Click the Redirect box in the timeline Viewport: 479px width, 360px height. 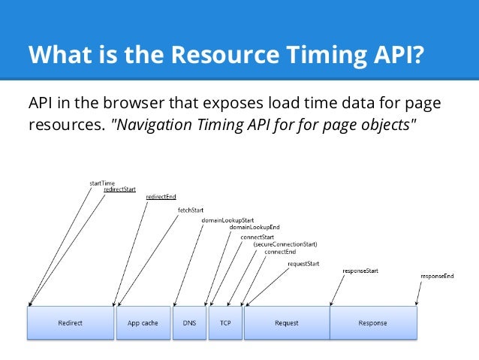point(71,322)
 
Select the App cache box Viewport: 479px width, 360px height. point(142,322)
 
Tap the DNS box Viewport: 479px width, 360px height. point(188,322)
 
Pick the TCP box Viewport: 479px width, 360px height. point(224,322)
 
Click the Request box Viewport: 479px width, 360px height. point(286,322)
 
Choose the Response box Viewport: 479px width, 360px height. point(373,322)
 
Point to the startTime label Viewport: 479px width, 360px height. point(102,183)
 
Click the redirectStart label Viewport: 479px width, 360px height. point(119,190)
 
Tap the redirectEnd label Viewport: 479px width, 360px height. point(161,197)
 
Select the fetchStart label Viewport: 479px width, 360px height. point(191,210)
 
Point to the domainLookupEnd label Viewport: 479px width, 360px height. point(255,226)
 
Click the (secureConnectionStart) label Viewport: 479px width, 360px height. point(285,244)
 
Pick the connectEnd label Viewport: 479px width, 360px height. point(279,252)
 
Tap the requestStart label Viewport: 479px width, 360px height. point(303,264)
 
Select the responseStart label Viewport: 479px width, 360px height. point(360,269)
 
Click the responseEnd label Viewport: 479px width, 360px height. point(436,276)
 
